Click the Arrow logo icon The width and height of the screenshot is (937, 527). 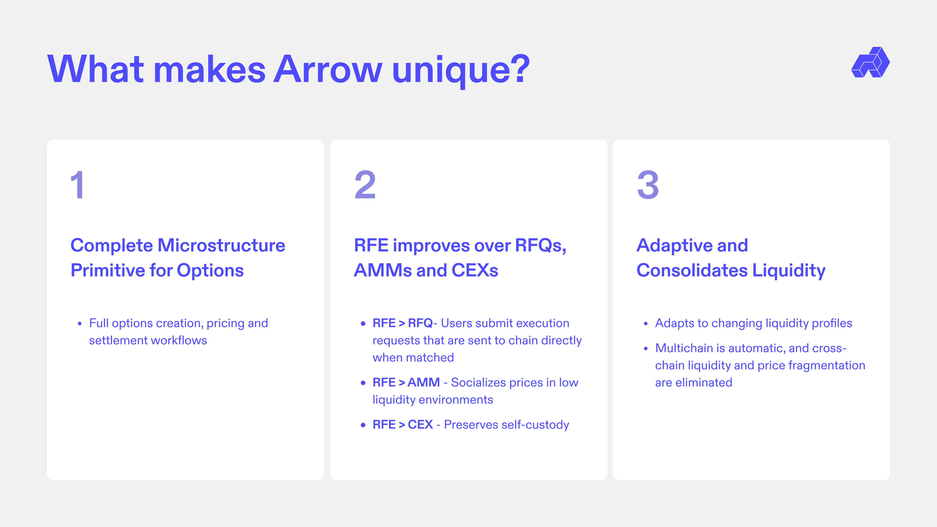(x=870, y=62)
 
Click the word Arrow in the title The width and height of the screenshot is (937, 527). (x=328, y=69)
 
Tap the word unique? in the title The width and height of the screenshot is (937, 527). (x=461, y=71)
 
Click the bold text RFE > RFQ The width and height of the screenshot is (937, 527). (x=402, y=323)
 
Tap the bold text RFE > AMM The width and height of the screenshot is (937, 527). (x=406, y=382)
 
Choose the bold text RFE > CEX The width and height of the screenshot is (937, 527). (x=403, y=424)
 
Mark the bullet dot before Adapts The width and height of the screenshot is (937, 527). (x=646, y=324)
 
